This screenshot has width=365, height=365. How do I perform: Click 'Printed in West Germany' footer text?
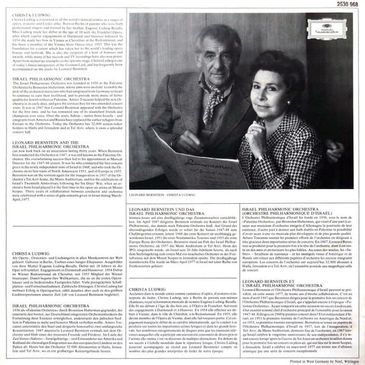click(317, 361)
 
